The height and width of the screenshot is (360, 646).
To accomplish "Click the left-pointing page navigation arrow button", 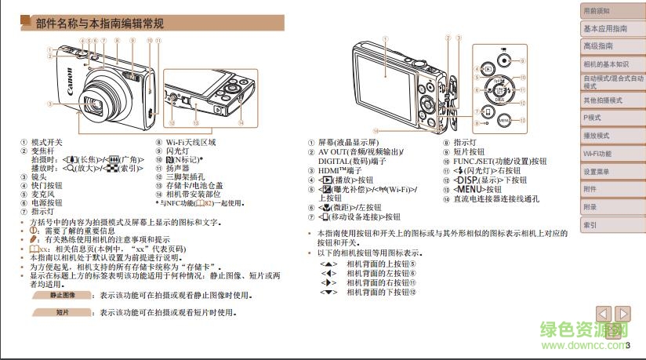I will (x=604, y=313).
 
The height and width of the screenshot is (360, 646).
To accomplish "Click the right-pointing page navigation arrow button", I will (x=623, y=313).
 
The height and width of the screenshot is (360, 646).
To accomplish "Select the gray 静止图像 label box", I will (x=63, y=296).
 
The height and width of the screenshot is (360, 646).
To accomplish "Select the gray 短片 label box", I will (x=63, y=312).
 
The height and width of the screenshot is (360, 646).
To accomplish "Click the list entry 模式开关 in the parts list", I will (x=46, y=143).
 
